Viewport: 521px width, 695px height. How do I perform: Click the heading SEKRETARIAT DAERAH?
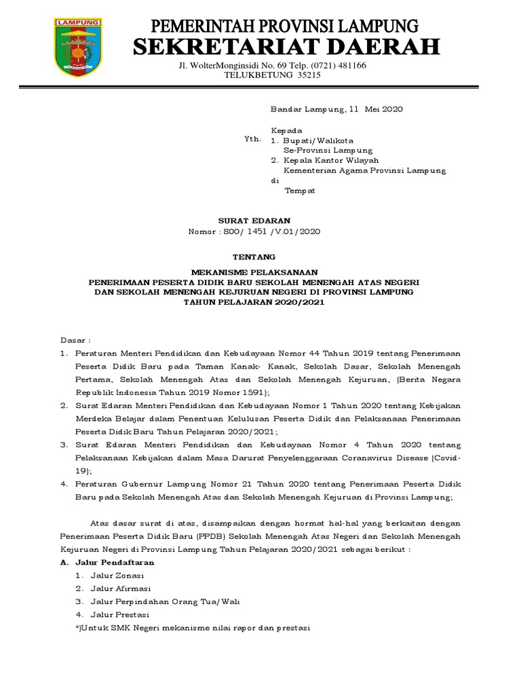click(286, 48)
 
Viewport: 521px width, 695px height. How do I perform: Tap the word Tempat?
click(300, 191)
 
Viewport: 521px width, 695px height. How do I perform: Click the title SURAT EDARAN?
click(254, 221)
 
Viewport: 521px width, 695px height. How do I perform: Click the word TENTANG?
click(254, 257)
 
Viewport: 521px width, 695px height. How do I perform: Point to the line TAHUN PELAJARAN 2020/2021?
click(254, 302)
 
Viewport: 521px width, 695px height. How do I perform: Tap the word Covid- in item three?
click(447, 458)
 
